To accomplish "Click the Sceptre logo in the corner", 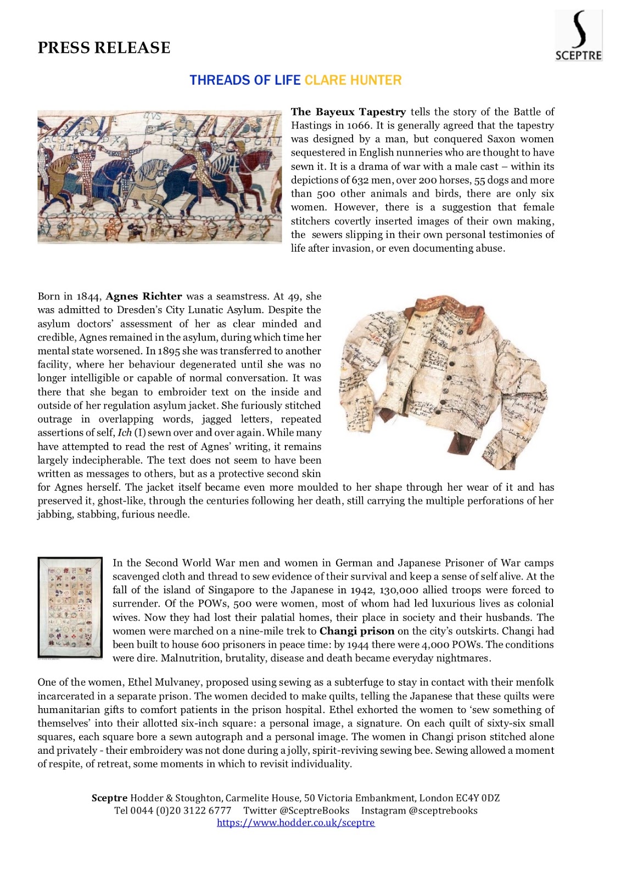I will (x=578, y=36).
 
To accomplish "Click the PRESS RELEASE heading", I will (x=104, y=48).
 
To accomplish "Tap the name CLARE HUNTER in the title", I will (x=353, y=80).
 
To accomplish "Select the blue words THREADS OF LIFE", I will (x=245, y=80).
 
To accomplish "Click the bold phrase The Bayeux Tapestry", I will (x=348, y=112).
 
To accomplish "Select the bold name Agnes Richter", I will (x=144, y=296).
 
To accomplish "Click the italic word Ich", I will (x=125, y=433).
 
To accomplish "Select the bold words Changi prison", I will (x=357, y=631).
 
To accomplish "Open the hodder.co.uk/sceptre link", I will (x=295, y=822).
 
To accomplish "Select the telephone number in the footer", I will (x=173, y=810).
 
